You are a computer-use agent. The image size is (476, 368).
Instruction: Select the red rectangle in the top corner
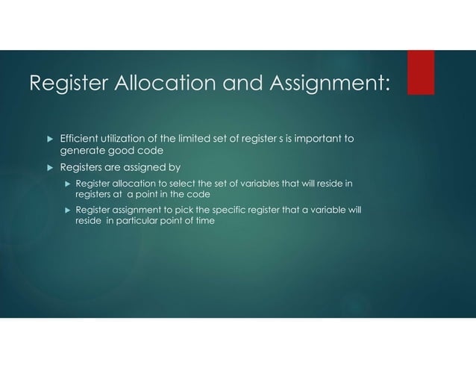pyautogui.click(x=420, y=72)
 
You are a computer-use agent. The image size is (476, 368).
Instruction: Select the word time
pyautogui.click(x=204, y=222)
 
